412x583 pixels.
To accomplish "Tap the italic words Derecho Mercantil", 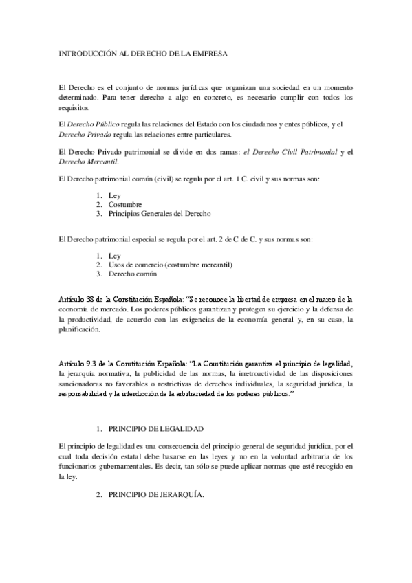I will pyautogui.click(x=89, y=162).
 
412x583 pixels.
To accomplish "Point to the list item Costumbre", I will pyautogui.click(x=124, y=204).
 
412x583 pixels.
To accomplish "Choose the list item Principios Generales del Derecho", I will pyautogui.click(x=160, y=214).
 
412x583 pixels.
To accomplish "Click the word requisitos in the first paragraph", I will pyautogui.click(x=75, y=108).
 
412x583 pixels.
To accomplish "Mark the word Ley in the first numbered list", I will pyautogui.click(x=115, y=195).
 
